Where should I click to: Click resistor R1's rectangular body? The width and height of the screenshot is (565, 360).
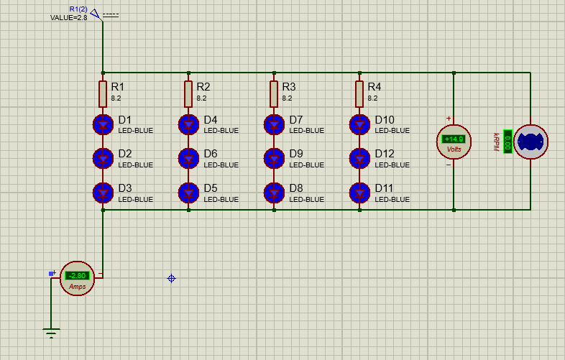104,93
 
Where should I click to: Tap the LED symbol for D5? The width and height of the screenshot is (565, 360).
188,193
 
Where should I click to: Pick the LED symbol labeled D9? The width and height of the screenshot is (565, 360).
274,158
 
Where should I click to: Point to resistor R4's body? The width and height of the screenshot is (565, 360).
359,93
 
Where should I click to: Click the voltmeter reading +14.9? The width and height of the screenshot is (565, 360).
454,139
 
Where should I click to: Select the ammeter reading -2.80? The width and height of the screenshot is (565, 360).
76,276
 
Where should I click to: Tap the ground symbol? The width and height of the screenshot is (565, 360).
50,333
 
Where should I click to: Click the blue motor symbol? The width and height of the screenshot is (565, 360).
530,141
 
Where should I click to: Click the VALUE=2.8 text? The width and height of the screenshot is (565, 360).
68,17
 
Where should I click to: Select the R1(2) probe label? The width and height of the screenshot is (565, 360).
78,9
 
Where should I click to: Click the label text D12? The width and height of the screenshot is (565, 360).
385,154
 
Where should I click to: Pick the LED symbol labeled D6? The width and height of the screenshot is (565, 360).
188,158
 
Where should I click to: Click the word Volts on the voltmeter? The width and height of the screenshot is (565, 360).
454,149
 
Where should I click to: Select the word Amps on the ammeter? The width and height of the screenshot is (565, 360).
77,286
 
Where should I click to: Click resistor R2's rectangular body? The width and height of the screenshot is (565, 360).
188,93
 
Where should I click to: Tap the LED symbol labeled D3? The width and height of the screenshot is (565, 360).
104,193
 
